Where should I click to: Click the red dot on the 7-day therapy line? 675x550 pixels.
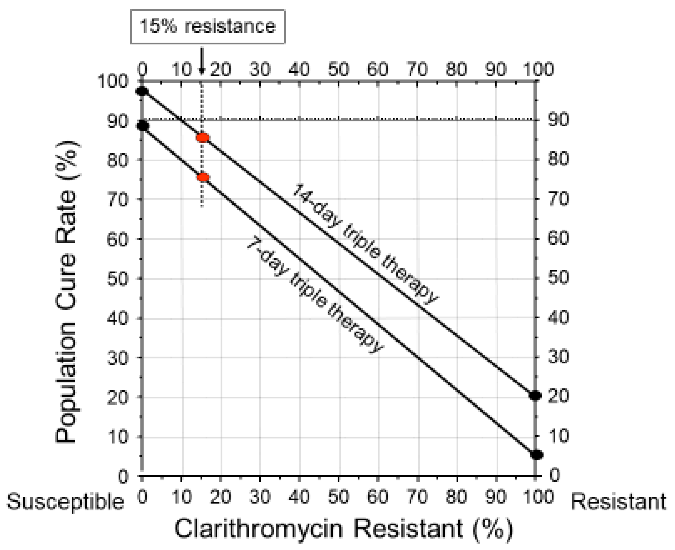[203, 177]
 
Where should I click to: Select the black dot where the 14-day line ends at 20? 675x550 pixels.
[535, 395]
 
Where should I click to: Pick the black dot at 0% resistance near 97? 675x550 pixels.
[142, 91]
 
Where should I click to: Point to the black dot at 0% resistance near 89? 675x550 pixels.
[142, 126]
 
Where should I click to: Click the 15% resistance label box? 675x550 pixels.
[208, 26]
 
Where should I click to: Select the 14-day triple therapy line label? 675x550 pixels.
[365, 244]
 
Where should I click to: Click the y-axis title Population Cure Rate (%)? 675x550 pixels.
[67, 292]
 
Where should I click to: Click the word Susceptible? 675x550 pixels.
[65, 502]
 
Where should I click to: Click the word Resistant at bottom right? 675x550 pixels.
[618, 502]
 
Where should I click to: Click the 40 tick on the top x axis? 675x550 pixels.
[299, 69]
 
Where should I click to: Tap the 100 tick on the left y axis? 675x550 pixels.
[113, 81]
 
